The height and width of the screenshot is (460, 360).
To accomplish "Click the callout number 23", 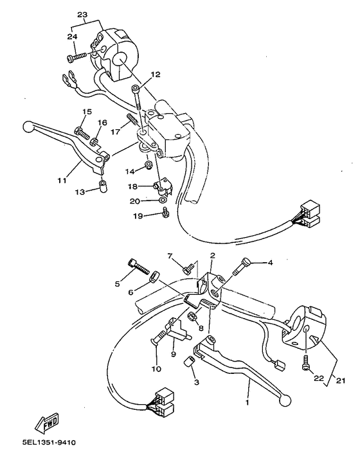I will (x=82, y=14).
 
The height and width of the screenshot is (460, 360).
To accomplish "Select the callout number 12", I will (x=155, y=75).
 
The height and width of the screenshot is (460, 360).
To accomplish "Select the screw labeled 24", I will (x=75, y=58).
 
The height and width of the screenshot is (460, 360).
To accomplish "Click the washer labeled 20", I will (x=164, y=201).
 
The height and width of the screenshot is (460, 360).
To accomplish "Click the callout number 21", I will (x=340, y=380).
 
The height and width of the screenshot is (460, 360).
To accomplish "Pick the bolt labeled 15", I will (x=82, y=134).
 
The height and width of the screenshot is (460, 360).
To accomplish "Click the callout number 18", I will (x=132, y=186).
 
